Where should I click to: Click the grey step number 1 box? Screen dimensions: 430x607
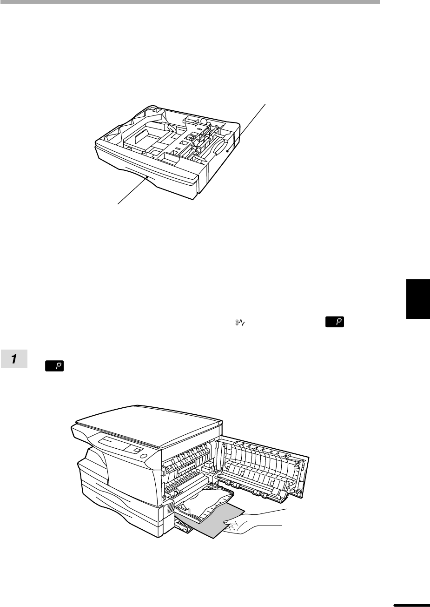pyautogui.click(x=14, y=359)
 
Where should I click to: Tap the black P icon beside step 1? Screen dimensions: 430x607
pyautogui.click(x=54, y=366)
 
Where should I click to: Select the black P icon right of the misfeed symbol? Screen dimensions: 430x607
pyautogui.click(x=335, y=322)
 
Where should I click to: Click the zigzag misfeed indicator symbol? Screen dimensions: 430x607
pyautogui.click(x=240, y=323)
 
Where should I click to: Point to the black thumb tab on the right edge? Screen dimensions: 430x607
pyautogui.click(x=418, y=299)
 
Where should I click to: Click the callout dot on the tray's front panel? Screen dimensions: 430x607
pyautogui.click(x=147, y=177)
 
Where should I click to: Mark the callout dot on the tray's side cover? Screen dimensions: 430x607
pyautogui.click(x=227, y=151)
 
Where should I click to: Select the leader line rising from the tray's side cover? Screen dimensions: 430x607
pyautogui.click(x=246, y=128)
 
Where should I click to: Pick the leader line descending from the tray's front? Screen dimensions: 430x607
pyautogui.click(x=132, y=190)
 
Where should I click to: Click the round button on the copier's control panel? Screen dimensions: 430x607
pyautogui.click(x=144, y=456)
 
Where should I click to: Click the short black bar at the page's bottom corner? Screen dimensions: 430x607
pyautogui.click(x=411, y=605)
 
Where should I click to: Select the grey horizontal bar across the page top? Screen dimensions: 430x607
pyautogui.click(x=190, y=1)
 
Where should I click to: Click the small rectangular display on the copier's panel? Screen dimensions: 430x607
pyautogui.click(x=138, y=450)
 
